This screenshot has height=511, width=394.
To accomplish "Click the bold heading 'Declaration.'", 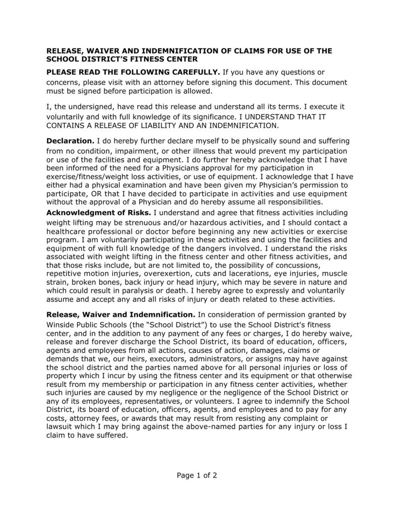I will (x=70, y=141).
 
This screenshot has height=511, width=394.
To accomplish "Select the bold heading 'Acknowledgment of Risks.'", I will (x=99, y=213).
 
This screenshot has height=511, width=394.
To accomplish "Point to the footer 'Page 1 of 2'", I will (x=197, y=475).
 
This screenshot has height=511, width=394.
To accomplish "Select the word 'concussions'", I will (x=296, y=264).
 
